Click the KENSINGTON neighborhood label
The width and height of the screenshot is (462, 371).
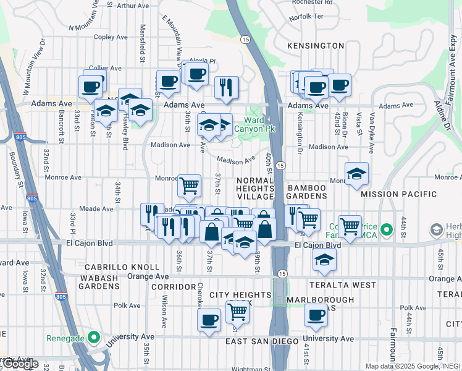coord(316,46)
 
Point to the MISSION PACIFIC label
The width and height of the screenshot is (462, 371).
coord(398,194)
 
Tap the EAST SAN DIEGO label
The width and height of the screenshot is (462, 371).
coord(258,341)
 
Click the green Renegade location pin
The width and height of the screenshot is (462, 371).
coord(94,338)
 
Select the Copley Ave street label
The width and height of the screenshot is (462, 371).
coord(111,37)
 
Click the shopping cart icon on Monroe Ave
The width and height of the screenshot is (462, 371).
coord(189,184)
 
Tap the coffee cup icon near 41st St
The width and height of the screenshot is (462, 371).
coord(316,315)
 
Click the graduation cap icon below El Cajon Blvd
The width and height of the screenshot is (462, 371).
coord(324,260)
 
